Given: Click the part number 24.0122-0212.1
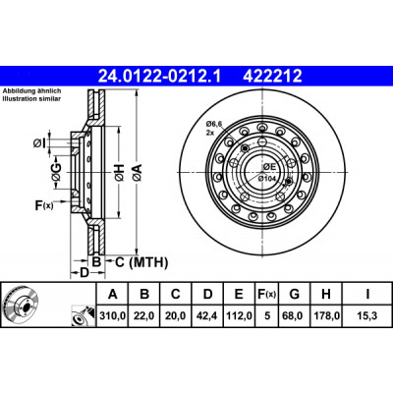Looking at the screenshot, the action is [x=160, y=77].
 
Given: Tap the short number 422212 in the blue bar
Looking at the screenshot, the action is [x=272, y=77].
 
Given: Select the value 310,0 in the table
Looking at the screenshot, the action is [x=112, y=316].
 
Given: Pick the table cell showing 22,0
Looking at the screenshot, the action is [x=144, y=316].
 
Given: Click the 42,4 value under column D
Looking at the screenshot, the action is [x=207, y=316].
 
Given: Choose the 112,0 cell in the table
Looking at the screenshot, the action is [x=240, y=316].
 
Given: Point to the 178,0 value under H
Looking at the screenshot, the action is [x=326, y=316].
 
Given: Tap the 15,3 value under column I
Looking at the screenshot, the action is [x=367, y=316].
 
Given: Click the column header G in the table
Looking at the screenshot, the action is [x=295, y=294].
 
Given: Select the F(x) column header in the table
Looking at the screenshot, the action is [x=267, y=295].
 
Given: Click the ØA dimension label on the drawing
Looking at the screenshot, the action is [x=138, y=173].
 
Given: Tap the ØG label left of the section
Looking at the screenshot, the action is [x=56, y=172].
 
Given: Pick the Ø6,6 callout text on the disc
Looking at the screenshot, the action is [x=214, y=124].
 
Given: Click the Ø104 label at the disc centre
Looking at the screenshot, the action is [x=266, y=179].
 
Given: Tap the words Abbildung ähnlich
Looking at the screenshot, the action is [x=31, y=91].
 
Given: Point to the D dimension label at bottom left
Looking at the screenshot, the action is [x=84, y=273].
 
